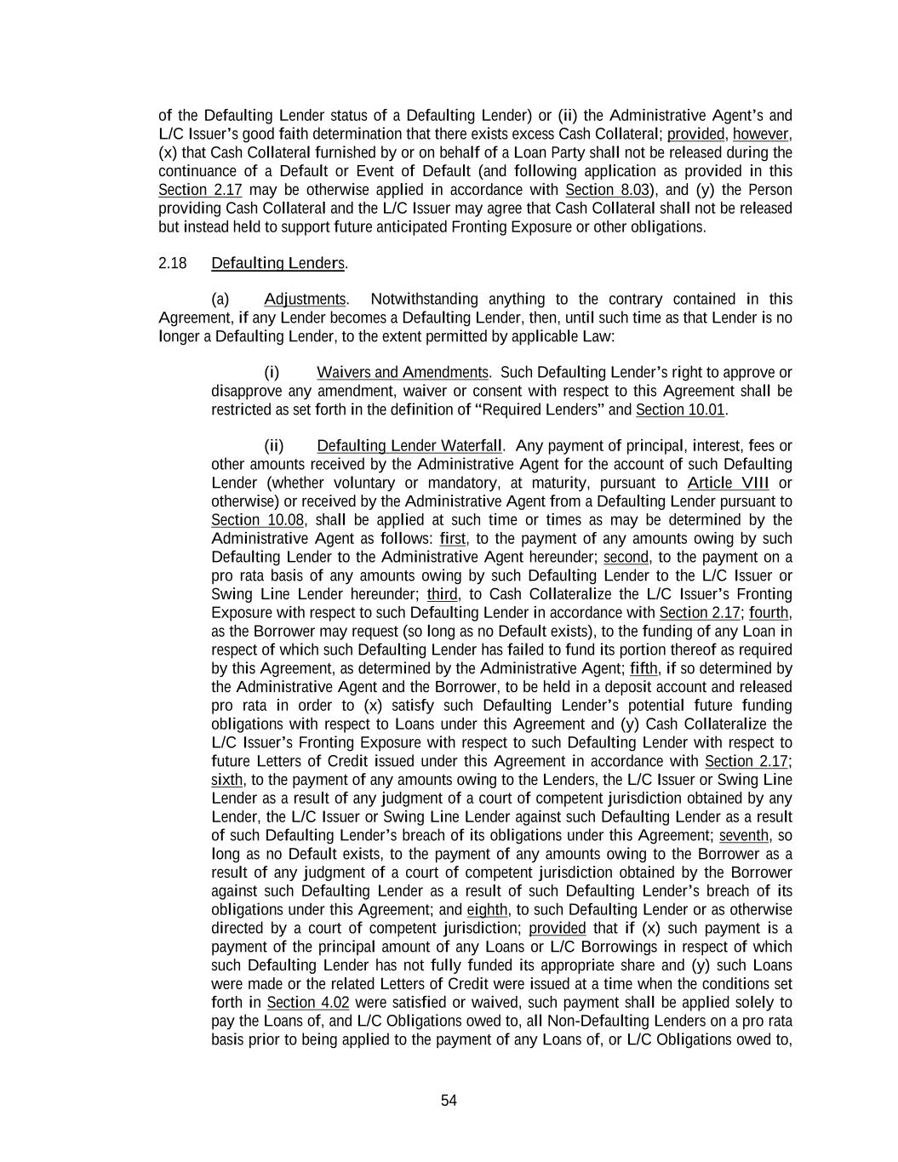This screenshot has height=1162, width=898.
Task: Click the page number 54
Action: [x=449, y=1101]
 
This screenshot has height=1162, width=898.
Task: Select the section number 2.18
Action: [x=172, y=263]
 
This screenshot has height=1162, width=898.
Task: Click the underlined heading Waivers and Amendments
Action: [x=403, y=372]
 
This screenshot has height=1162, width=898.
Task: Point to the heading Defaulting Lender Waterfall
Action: [x=409, y=445]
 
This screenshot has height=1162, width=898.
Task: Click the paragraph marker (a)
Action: [x=220, y=299]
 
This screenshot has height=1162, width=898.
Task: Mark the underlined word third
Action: [x=443, y=593]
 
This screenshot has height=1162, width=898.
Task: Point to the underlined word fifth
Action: [x=643, y=668]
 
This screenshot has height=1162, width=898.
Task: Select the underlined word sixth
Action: [x=227, y=779]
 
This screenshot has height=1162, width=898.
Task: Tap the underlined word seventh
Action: [x=745, y=835]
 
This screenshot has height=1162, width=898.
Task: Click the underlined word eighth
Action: [x=487, y=909]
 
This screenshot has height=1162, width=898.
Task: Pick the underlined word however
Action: [x=762, y=134]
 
